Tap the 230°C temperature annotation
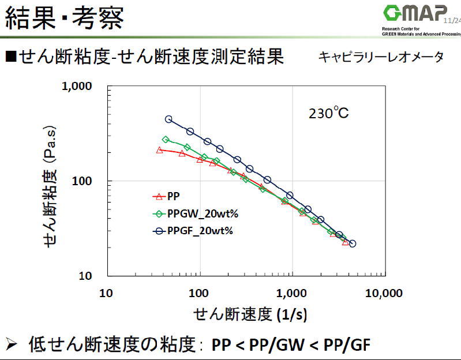(328, 112)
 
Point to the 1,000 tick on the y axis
(77, 87)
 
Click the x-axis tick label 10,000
(384, 293)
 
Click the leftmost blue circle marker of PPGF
(168, 119)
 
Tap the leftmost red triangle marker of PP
(160, 151)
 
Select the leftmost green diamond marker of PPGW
(166, 140)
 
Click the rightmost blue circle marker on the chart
(353, 243)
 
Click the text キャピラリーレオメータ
(381, 57)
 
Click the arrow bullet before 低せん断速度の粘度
(13, 344)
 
